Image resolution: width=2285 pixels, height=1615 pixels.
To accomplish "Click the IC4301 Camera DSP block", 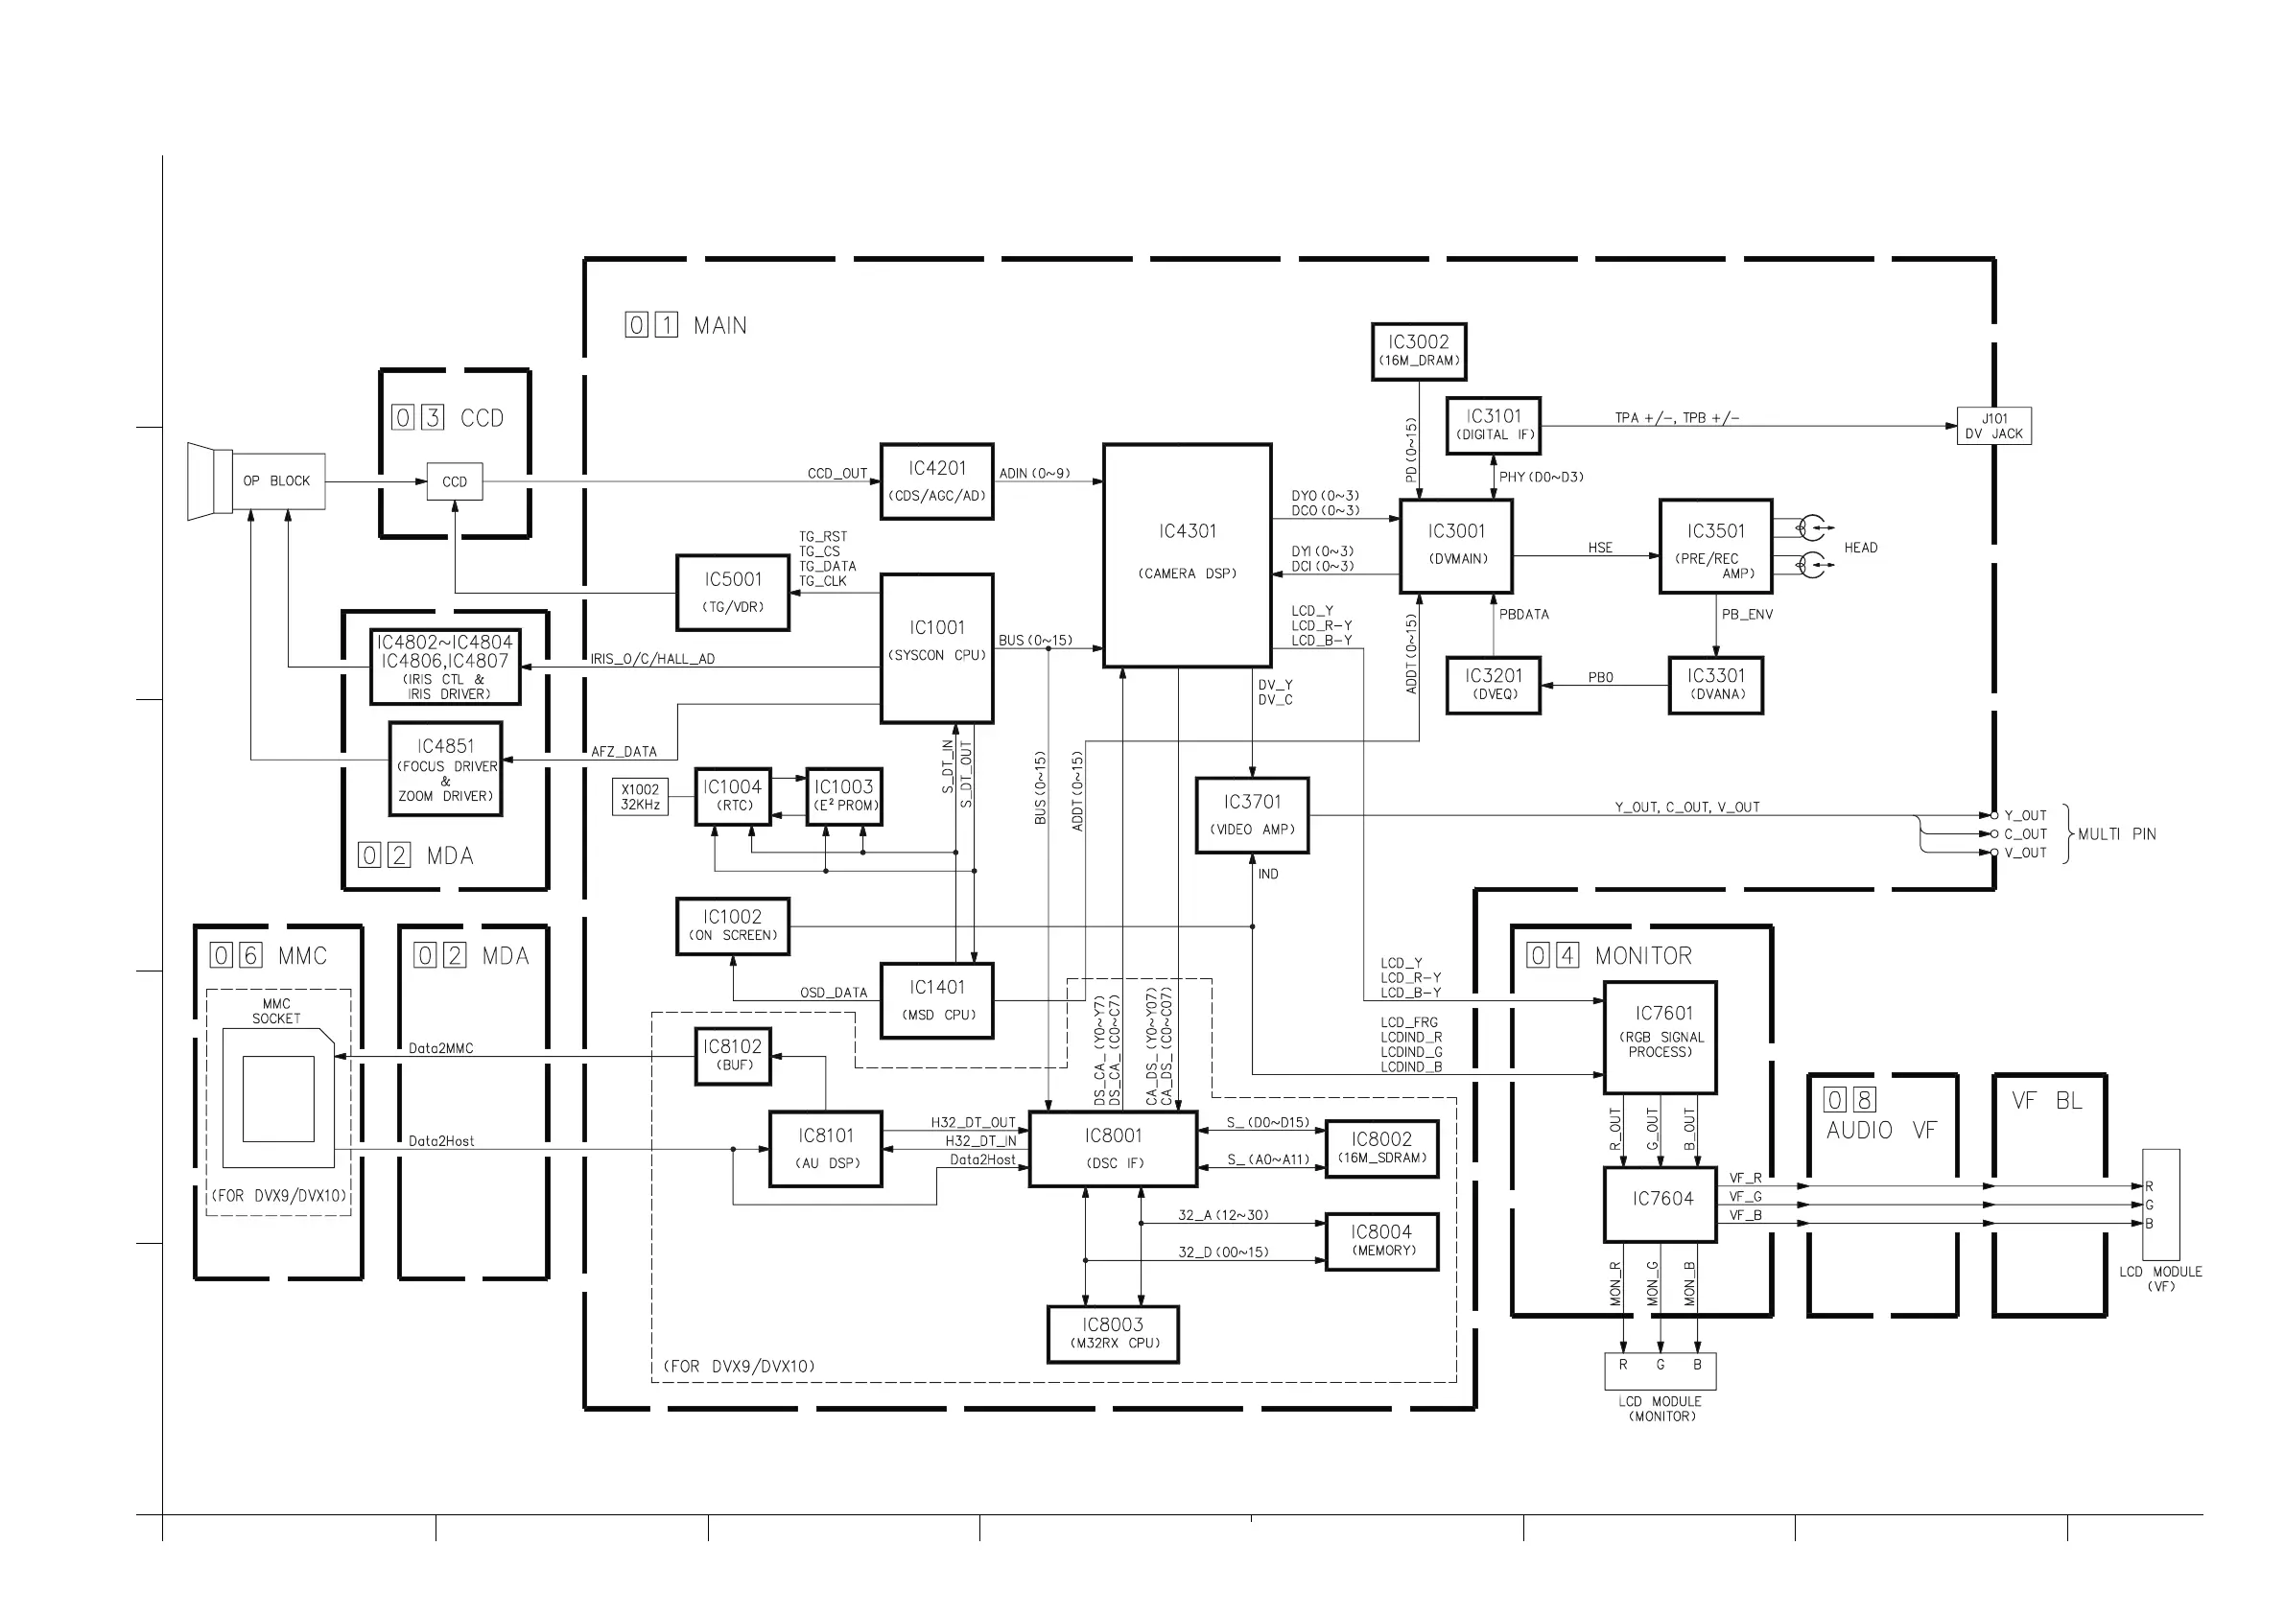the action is pyautogui.click(x=1187, y=554).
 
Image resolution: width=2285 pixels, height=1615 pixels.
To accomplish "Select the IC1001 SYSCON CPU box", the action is pyautogui.click(x=935, y=647).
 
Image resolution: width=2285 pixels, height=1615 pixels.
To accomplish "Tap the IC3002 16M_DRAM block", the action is pyautogui.click(x=1418, y=351).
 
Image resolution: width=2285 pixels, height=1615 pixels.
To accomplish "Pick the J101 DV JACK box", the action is pyautogui.click(x=1993, y=426).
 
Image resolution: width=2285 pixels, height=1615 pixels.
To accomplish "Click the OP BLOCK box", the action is pyautogui.click(x=276, y=481).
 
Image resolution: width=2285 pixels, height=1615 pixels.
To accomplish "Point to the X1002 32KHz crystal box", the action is pyautogui.click(x=640, y=797).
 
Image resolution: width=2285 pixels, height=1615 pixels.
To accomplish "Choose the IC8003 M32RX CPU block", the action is pyautogui.click(x=1113, y=1333).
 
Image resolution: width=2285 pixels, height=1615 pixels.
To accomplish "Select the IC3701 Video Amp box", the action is pyautogui.click(x=1252, y=815).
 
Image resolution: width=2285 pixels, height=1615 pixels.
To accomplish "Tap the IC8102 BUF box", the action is pyautogui.click(x=733, y=1056).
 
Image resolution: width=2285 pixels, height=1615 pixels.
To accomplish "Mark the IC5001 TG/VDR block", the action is pyautogui.click(x=733, y=593).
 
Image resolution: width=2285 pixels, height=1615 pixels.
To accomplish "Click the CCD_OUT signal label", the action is pyautogui.click(x=837, y=474).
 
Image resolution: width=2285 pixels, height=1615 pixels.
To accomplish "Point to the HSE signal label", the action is pyautogui.click(x=1599, y=549).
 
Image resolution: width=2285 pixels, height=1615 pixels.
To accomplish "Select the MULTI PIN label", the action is pyautogui.click(x=2116, y=833).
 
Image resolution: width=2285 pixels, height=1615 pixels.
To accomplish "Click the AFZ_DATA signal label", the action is pyautogui.click(x=624, y=752).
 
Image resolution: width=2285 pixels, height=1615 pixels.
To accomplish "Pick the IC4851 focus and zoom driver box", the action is pyautogui.click(x=445, y=769).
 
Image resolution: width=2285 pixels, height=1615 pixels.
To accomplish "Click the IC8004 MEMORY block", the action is pyautogui.click(x=1381, y=1241).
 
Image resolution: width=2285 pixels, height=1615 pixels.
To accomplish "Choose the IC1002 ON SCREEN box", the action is pyautogui.click(x=733, y=926).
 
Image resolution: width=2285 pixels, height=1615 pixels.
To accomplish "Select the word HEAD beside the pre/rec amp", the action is pyautogui.click(x=1860, y=549).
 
